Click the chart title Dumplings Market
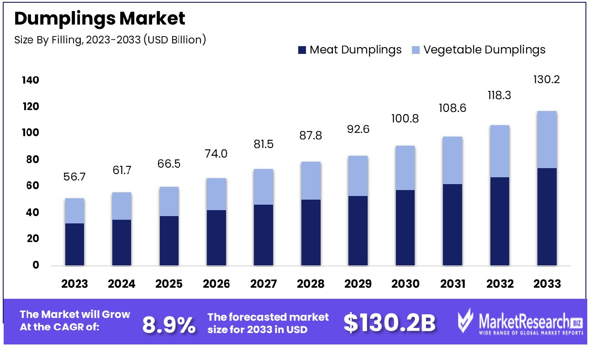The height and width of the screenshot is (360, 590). [100, 19]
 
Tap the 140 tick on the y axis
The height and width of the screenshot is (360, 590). [30, 80]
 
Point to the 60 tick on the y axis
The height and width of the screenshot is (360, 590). [31, 186]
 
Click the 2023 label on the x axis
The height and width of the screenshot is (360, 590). [75, 284]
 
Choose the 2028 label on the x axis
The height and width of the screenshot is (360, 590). [311, 284]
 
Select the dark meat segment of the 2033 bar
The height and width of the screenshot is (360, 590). [547, 217]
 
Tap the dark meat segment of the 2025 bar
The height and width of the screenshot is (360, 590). [169, 240]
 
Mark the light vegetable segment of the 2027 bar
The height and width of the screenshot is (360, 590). [263, 187]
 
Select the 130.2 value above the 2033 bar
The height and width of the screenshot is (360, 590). [547, 80]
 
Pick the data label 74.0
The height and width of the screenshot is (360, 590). [216, 154]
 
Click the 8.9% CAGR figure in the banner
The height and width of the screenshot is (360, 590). [169, 325]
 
